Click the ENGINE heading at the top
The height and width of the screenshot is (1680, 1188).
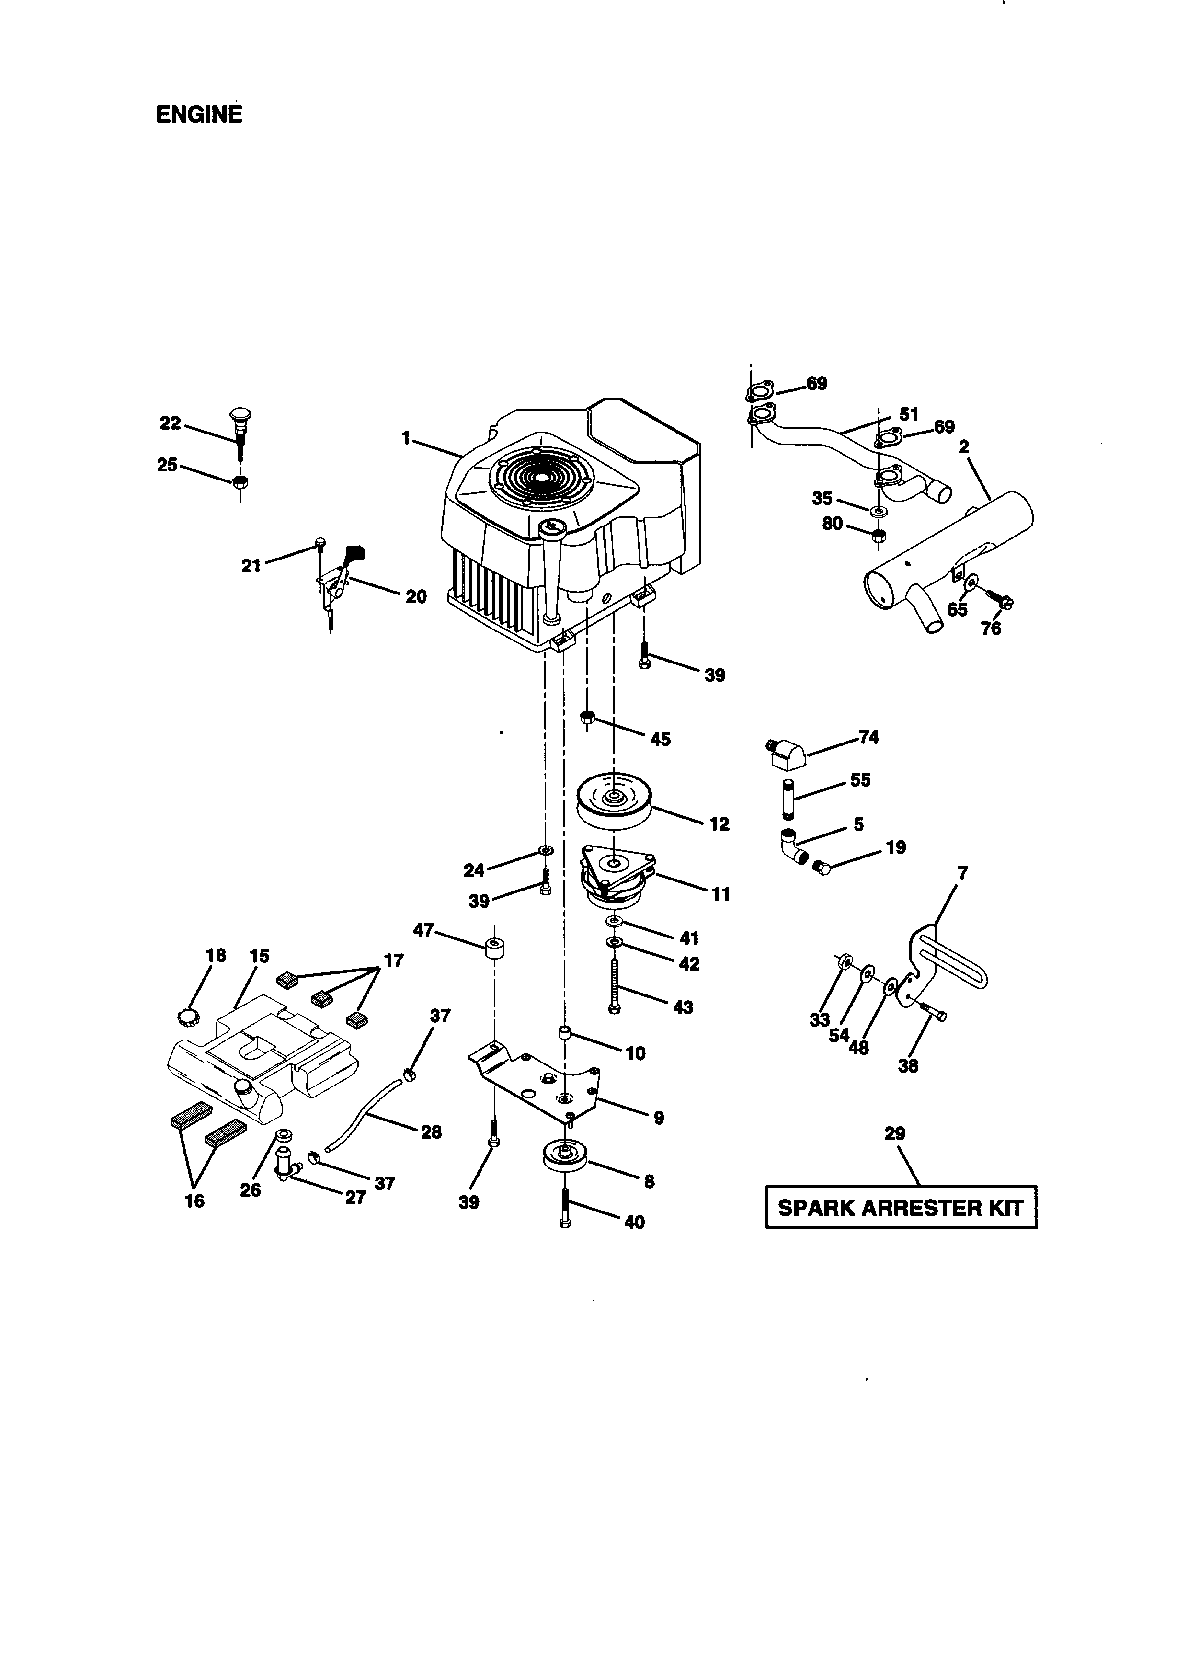(198, 115)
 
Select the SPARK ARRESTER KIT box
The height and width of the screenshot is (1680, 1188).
(901, 1207)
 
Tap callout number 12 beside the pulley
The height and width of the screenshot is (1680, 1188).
(719, 824)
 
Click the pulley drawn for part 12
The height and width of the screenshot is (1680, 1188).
(614, 803)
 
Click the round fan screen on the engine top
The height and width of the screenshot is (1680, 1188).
(541, 477)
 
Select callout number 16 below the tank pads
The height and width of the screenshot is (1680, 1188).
(194, 1201)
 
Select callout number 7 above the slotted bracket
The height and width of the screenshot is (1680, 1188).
(963, 873)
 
